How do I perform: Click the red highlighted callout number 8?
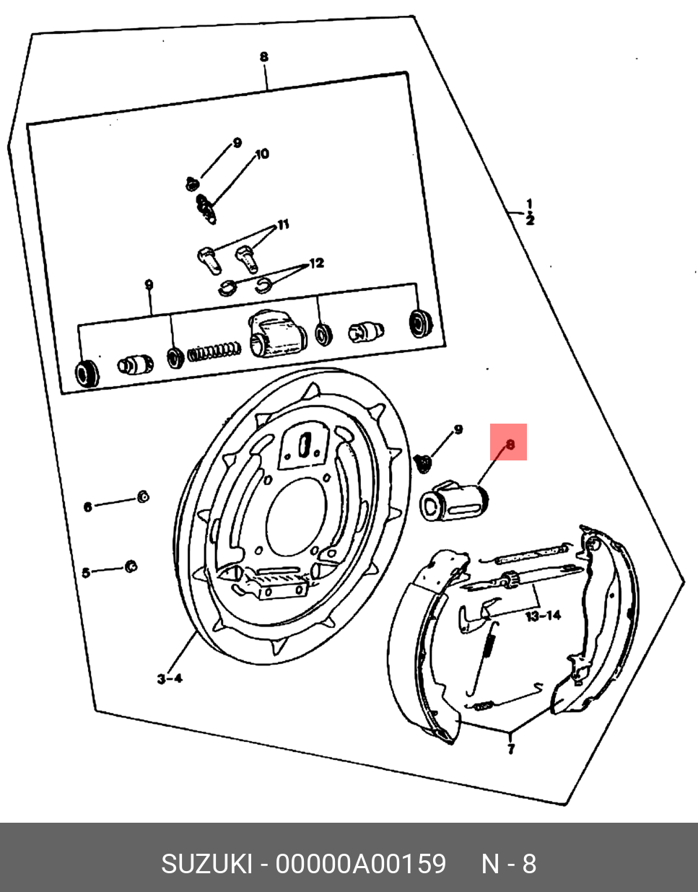(x=510, y=444)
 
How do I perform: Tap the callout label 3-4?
(x=170, y=678)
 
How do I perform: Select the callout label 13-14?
(x=543, y=616)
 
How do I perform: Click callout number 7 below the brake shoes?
(x=510, y=748)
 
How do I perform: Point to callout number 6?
(x=88, y=507)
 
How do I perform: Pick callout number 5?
(x=86, y=572)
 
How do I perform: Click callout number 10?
(x=262, y=154)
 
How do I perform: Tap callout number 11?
(x=283, y=224)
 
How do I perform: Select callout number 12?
(x=316, y=263)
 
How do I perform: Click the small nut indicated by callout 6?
(x=143, y=497)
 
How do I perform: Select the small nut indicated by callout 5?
(x=131, y=566)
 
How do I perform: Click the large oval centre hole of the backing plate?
(x=297, y=517)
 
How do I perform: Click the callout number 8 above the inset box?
(x=264, y=56)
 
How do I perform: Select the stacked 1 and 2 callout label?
(x=530, y=212)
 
